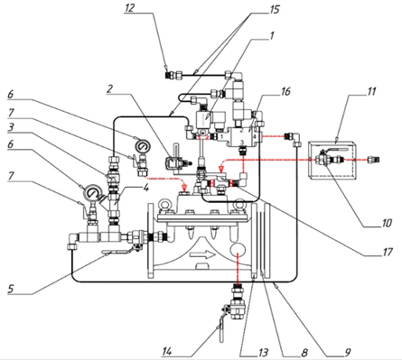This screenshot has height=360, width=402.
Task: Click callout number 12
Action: pos(129,8)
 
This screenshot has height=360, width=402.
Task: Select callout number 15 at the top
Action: pos(275,9)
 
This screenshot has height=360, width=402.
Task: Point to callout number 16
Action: pos(285,91)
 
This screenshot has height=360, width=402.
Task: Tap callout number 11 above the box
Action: pos(371,91)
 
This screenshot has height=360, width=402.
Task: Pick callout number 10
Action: pos(386,223)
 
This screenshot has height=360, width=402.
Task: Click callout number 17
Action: pos(387,252)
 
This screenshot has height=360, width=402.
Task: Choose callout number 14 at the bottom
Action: pos(166,351)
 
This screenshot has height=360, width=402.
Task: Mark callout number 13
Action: pos(263,352)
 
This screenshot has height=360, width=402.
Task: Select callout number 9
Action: pos(348,352)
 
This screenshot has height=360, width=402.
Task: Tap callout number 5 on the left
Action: pos(11,289)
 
